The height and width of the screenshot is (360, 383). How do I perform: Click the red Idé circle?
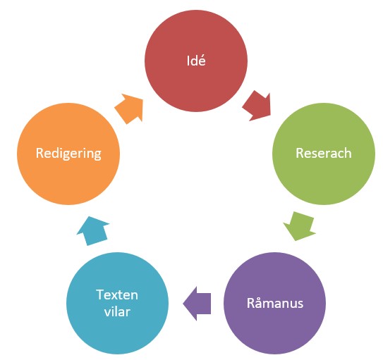(196, 61)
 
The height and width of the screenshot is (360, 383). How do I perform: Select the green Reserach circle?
(324, 154)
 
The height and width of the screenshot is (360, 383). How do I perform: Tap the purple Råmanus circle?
(275, 303)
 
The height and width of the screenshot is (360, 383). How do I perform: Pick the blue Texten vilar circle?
(117, 303)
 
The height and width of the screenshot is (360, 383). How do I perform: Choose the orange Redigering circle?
(68, 154)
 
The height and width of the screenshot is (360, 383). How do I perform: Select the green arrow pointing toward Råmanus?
(300, 226)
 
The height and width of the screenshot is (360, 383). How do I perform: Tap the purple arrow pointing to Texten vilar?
(197, 304)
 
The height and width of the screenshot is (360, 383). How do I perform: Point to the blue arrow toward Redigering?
(93, 231)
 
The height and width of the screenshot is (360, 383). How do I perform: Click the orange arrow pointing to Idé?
(129, 108)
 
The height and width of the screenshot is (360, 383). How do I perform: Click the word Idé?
(196, 61)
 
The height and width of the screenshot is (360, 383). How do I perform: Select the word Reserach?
(324, 153)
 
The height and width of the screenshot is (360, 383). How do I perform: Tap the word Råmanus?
(275, 303)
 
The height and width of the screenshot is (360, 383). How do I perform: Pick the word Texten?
(117, 294)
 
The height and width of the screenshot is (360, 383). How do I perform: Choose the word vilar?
(117, 311)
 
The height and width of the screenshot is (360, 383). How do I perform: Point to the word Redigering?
(68, 154)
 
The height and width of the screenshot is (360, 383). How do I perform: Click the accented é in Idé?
(202, 61)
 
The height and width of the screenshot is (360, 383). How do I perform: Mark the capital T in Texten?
(100, 294)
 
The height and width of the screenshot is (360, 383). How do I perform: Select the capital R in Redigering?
(39, 153)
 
